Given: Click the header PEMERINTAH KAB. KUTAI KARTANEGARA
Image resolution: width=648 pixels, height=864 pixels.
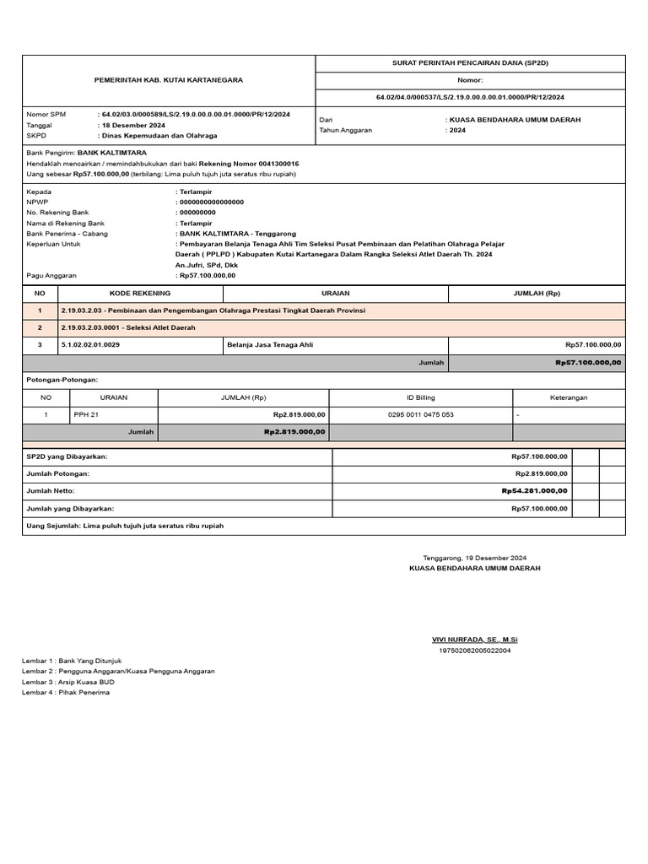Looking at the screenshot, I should point(168,79).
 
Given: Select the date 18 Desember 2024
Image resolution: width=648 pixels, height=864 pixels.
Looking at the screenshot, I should point(133,124).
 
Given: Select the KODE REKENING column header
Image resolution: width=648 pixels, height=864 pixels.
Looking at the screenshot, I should point(140,294).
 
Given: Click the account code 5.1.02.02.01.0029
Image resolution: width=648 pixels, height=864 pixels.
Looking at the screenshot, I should point(90,344).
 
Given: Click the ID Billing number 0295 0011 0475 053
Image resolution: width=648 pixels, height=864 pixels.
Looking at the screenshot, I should point(420,414).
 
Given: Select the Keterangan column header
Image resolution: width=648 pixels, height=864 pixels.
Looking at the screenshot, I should point(569,397).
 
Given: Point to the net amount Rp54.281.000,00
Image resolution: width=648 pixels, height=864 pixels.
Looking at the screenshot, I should point(534,490).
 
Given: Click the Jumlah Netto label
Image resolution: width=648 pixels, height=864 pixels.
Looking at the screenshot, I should point(51,490).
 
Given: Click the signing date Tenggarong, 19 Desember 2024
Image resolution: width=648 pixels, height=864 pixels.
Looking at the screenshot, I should point(474,558).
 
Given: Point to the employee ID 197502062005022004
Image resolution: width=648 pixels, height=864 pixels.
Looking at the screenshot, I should point(474,651).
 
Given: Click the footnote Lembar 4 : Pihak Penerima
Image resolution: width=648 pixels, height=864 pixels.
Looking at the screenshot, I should point(66,692).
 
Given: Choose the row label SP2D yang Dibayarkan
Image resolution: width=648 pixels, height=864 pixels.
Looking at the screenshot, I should point(67,456).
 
